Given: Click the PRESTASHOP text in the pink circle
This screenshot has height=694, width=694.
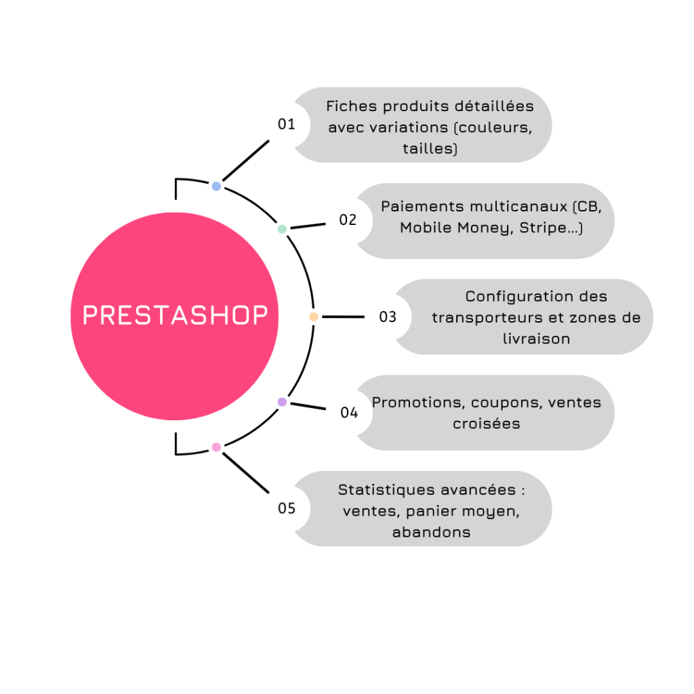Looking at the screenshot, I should point(175,316).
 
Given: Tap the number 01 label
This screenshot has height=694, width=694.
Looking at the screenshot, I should point(287,124).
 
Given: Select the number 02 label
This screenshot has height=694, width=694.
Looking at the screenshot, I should point(348,220).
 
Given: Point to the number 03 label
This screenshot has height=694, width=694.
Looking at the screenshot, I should point(388,317).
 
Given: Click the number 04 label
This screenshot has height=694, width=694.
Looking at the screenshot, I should point(349,412).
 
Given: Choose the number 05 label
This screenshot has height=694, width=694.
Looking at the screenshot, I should point(287,508).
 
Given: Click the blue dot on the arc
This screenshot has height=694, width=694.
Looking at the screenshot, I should point(216,186).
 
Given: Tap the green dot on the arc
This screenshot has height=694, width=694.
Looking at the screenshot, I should point(282,229).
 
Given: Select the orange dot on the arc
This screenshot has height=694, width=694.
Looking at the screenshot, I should point(313,317).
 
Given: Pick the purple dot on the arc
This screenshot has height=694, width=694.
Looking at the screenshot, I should point(282,402).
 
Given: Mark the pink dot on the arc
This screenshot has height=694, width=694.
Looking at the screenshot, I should point(216,447).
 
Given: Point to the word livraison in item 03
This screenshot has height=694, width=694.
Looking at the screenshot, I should point(536,338).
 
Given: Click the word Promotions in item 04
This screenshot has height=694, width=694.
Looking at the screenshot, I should point(415,402).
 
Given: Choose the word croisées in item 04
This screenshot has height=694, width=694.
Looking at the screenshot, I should point(487,424).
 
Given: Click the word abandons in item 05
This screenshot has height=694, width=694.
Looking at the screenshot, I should point(431,532).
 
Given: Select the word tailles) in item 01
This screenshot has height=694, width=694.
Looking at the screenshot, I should point(430,148).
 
